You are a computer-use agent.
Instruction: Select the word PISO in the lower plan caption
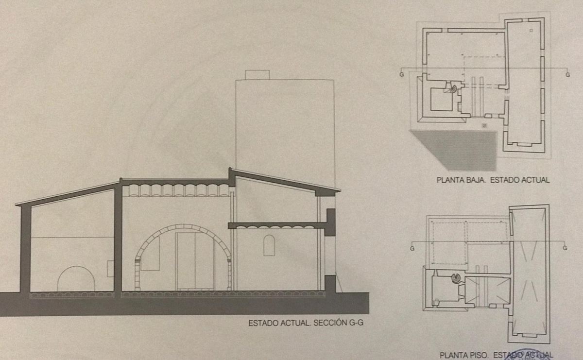(477, 355)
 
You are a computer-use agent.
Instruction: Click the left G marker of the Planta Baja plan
(401, 74)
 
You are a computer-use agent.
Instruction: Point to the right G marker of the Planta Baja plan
(567, 74)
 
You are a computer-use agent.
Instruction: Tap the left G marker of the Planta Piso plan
(412, 248)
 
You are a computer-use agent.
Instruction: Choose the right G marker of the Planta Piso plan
(565, 248)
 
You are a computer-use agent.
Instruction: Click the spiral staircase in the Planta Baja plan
(452, 88)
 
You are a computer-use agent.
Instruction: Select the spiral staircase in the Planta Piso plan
(457, 278)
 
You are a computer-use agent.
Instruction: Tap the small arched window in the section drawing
(269, 245)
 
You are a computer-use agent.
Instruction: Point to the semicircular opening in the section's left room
(76, 279)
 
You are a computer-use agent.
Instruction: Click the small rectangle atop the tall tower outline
(257, 74)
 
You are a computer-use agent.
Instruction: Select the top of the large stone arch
(183, 226)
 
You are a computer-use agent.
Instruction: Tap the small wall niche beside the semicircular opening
(110, 269)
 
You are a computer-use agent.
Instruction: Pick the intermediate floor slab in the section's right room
(277, 225)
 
